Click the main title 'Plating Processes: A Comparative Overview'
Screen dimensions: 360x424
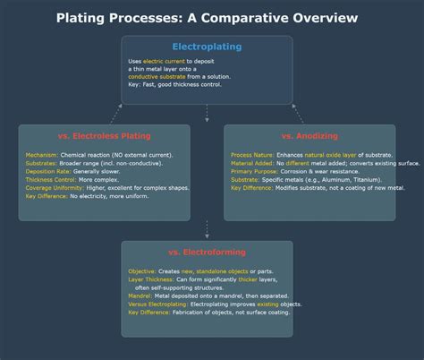click(x=207, y=18)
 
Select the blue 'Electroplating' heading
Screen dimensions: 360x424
click(x=207, y=47)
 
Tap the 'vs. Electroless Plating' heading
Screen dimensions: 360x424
click(x=105, y=135)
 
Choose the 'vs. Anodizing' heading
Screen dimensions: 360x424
click(x=310, y=135)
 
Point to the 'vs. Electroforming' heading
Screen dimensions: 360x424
click(x=207, y=252)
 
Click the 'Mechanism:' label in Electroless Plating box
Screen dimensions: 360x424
click(x=41, y=156)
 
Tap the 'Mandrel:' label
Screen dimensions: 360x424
click(x=140, y=296)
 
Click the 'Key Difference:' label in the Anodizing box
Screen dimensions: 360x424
click(x=253, y=188)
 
